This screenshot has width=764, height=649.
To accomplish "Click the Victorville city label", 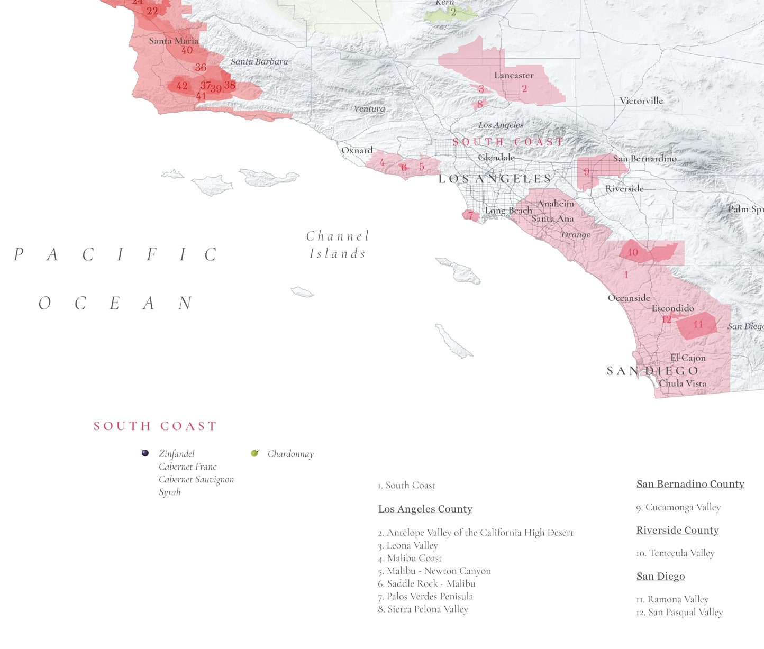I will click(641, 100).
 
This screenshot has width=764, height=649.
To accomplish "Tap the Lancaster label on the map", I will click(514, 75).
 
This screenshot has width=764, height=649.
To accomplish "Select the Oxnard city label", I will click(357, 150).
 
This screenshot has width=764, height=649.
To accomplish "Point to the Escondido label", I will click(672, 308).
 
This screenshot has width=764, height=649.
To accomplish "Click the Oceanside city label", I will click(629, 298).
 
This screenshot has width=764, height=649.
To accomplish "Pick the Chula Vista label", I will click(683, 383).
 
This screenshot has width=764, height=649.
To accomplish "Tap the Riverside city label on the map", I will click(624, 188).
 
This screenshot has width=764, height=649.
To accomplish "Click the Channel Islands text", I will click(337, 245).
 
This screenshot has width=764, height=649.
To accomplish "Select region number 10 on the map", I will click(633, 252).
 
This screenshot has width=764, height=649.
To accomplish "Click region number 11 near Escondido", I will click(698, 324).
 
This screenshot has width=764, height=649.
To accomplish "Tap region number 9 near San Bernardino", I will click(586, 171).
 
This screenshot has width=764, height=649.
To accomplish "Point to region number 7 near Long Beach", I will click(470, 215).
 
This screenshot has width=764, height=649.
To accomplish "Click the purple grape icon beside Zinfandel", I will click(145, 453).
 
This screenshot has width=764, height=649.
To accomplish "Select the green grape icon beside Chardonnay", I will click(254, 453).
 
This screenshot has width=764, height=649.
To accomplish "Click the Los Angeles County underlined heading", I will click(425, 509).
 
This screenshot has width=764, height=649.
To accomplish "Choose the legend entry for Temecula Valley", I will click(675, 553).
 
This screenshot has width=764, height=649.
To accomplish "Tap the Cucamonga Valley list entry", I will click(678, 507).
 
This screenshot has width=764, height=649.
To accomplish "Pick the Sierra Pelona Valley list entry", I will click(423, 609).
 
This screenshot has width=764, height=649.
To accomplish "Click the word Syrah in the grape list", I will click(170, 492).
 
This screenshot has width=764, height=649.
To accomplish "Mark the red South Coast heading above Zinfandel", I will click(155, 426).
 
